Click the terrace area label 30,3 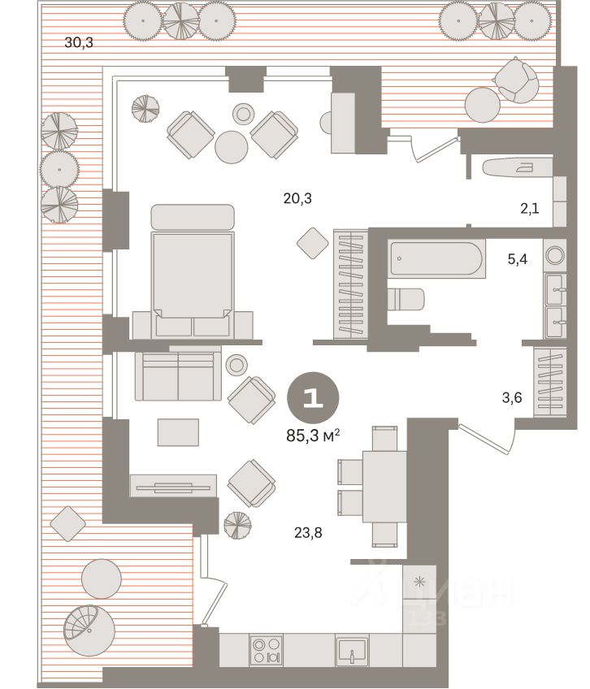pyautogui.click(x=79, y=42)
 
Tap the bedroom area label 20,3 pyautogui.click(x=297, y=198)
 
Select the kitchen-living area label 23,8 pyautogui.click(x=308, y=533)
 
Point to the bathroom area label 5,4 pyautogui.click(x=518, y=259)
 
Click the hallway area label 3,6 pyautogui.click(x=512, y=397)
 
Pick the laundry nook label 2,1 pyautogui.click(x=530, y=208)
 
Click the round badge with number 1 pyautogui.click(x=313, y=397)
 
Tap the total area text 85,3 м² pyautogui.click(x=313, y=435)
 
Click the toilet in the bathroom pyautogui.click(x=406, y=299)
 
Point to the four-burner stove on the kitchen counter pyautogui.click(x=266, y=651)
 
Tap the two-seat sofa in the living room pyautogui.click(x=178, y=376)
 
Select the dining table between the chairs pyautogui.click(x=384, y=487)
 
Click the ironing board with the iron pyautogui.click(x=518, y=167)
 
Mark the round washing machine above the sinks pyautogui.click(x=555, y=255)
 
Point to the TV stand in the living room pyautogui.click(x=174, y=486)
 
